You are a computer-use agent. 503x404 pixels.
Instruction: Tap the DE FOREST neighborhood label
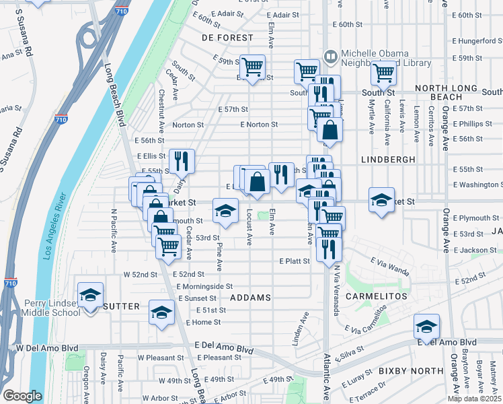click(x=227, y=38)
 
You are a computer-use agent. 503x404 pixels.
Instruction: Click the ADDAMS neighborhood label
click(x=250, y=297)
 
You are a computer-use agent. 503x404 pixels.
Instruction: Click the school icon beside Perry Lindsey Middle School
click(x=90, y=294)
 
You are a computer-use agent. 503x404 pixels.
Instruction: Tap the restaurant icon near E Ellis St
click(x=182, y=161)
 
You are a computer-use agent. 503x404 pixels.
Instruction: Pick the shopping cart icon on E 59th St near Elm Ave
click(x=252, y=67)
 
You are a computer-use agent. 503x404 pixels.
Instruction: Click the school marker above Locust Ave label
click(x=226, y=210)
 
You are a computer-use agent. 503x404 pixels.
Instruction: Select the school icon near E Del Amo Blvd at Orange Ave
click(x=426, y=326)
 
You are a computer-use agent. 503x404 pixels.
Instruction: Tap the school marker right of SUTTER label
click(x=161, y=312)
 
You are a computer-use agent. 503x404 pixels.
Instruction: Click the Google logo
click(x=22, y=396)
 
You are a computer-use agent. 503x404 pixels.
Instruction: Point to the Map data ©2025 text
click(x=474, y=399)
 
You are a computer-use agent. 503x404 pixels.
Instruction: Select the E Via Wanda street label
click(x=390, y=266)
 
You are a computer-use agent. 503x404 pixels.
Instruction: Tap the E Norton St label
click(x=259, y=125)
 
